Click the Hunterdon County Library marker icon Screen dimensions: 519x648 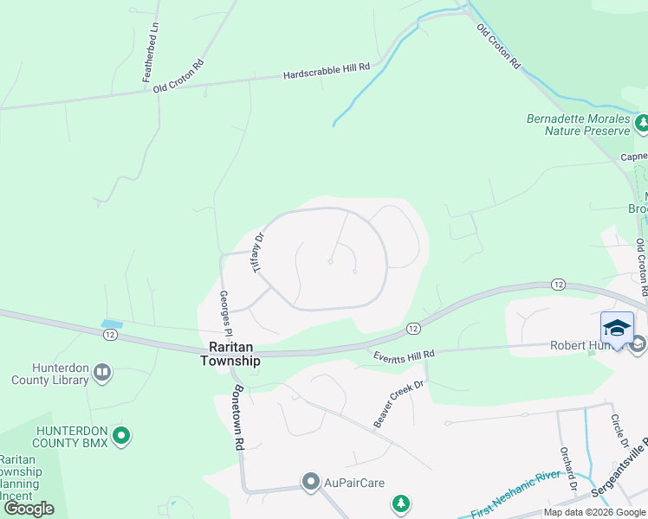pos(102,373)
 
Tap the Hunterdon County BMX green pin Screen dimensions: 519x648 pos(121,435)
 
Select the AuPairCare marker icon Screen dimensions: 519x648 pos(311,482)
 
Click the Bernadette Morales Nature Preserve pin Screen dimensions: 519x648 pos(641,124)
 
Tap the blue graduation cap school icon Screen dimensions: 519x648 pos(616,328)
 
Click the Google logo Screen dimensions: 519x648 pos(29,509)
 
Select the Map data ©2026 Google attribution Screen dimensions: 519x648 pos(595,513)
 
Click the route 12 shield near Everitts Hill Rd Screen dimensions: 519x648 pos(412,328)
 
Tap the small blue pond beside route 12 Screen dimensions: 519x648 pos(112,324)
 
